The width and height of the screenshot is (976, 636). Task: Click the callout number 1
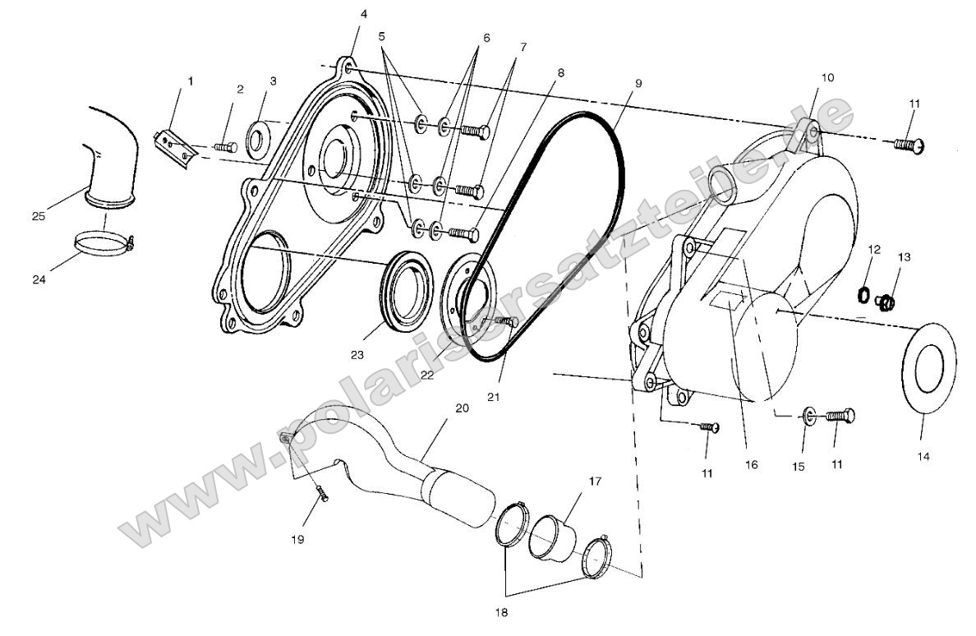click(191, 81)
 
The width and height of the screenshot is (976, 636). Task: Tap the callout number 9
click(638, 83)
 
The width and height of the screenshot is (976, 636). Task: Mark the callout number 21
click(494, 397)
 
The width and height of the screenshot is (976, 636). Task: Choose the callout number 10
click(826, 77)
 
